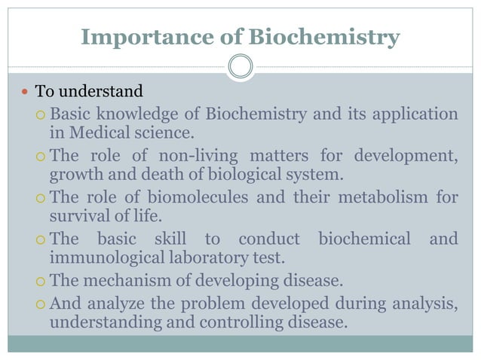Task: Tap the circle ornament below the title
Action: (240, 66)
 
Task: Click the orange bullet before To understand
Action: (26, 93)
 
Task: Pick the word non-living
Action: (195, 157)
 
